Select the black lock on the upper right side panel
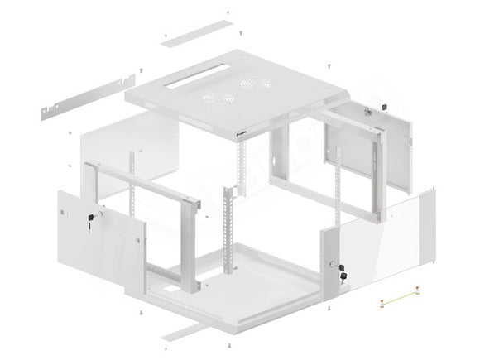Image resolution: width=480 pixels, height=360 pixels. (x=382, y=107)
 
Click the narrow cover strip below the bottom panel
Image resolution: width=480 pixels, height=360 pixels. (x=196, y=329)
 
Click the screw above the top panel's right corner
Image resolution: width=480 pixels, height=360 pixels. (x=329, y=64)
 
